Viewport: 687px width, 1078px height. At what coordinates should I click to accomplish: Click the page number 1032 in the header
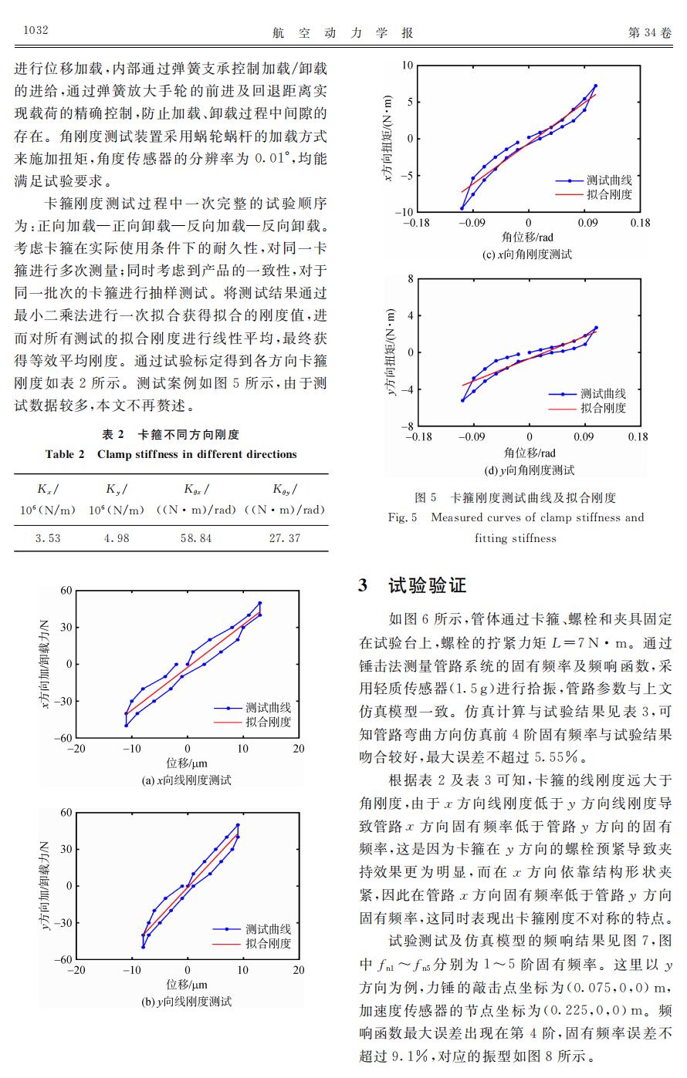(x=36, y=32)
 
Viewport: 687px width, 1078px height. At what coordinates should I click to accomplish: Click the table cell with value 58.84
(x=196, y=538)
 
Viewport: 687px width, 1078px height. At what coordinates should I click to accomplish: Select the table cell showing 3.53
(x=48, y=538)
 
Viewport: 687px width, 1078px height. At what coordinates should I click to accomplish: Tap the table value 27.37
(x=284, y=538)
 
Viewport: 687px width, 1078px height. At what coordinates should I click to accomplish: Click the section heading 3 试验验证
(x=413, y=585)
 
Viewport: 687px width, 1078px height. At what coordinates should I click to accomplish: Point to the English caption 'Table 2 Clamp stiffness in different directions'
(x=171, y=454)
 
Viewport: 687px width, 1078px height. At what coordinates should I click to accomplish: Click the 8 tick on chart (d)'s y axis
(x=411, y=278)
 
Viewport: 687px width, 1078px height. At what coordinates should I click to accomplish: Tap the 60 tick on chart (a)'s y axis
(x=66, y=591)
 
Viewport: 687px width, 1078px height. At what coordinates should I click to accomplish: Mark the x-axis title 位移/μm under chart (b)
(x=187, y=985)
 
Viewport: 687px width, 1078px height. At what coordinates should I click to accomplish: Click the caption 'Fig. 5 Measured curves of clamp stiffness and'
(x=516, y=517)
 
